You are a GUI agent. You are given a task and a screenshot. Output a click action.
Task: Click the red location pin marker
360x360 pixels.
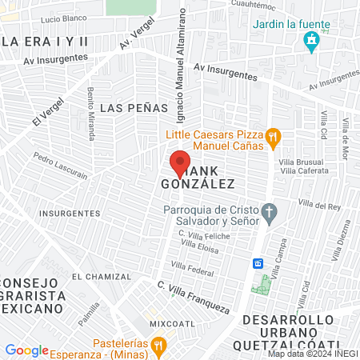point(180,164)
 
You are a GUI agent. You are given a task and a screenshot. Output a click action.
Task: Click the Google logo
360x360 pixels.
point(26,350)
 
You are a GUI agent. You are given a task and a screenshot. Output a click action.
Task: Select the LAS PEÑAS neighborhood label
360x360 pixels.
point(134,107)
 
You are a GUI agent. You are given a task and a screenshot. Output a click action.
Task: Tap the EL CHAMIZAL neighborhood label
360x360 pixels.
point(98,276)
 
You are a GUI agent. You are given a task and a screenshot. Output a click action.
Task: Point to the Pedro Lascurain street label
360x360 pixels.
point(60,162)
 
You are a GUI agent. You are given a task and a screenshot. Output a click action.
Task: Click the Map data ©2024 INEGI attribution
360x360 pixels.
point(311,354)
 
